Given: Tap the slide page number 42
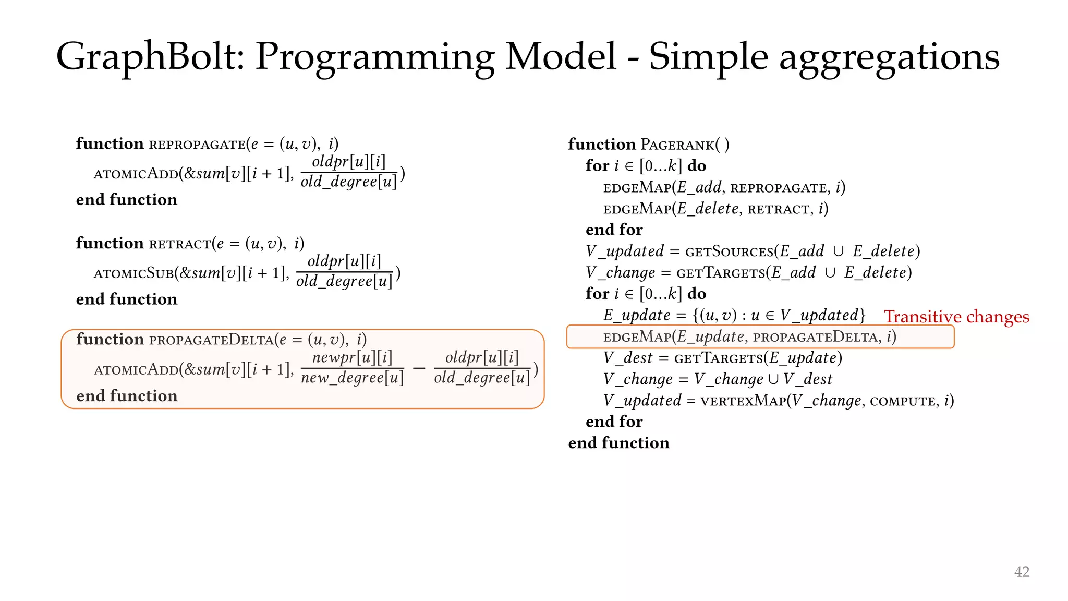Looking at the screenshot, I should (x=1022, y=572).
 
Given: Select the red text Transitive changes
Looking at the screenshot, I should (x=956, y=317).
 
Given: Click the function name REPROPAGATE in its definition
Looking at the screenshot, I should (x=197, y=145).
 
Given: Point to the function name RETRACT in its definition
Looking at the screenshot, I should (x=180, y=244).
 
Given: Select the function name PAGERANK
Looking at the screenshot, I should (x=677, y=145).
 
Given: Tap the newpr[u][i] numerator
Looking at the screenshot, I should (x=352, y=357).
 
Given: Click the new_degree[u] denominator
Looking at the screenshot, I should (x=352, y=378).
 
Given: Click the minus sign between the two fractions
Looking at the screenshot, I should (x=419, y=368).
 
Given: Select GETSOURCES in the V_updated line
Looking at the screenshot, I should (x=729, y=252).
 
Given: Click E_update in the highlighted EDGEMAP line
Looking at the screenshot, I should (x=710, y=337).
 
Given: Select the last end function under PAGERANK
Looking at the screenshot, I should (x=618, y=443).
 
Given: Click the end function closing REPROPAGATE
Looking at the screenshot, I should (x=127, y=200).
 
